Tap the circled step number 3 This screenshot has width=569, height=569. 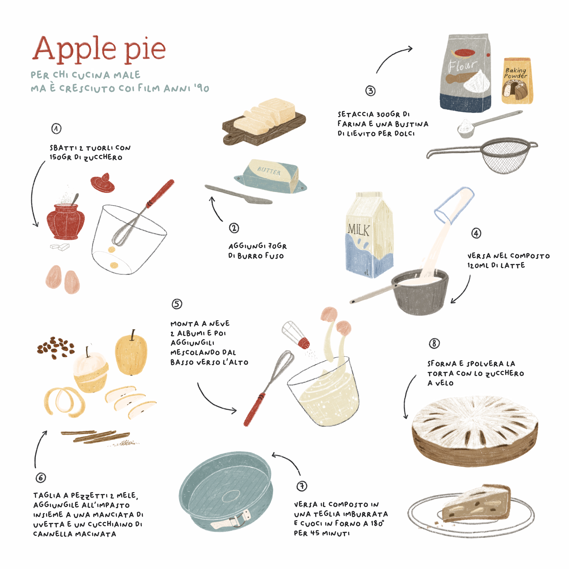pos(371,91)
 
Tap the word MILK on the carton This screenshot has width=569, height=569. pos(358,229)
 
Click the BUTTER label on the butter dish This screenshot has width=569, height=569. pos(269,171)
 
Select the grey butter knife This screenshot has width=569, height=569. pos(239,195)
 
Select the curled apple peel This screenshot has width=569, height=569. pos(64,401)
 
